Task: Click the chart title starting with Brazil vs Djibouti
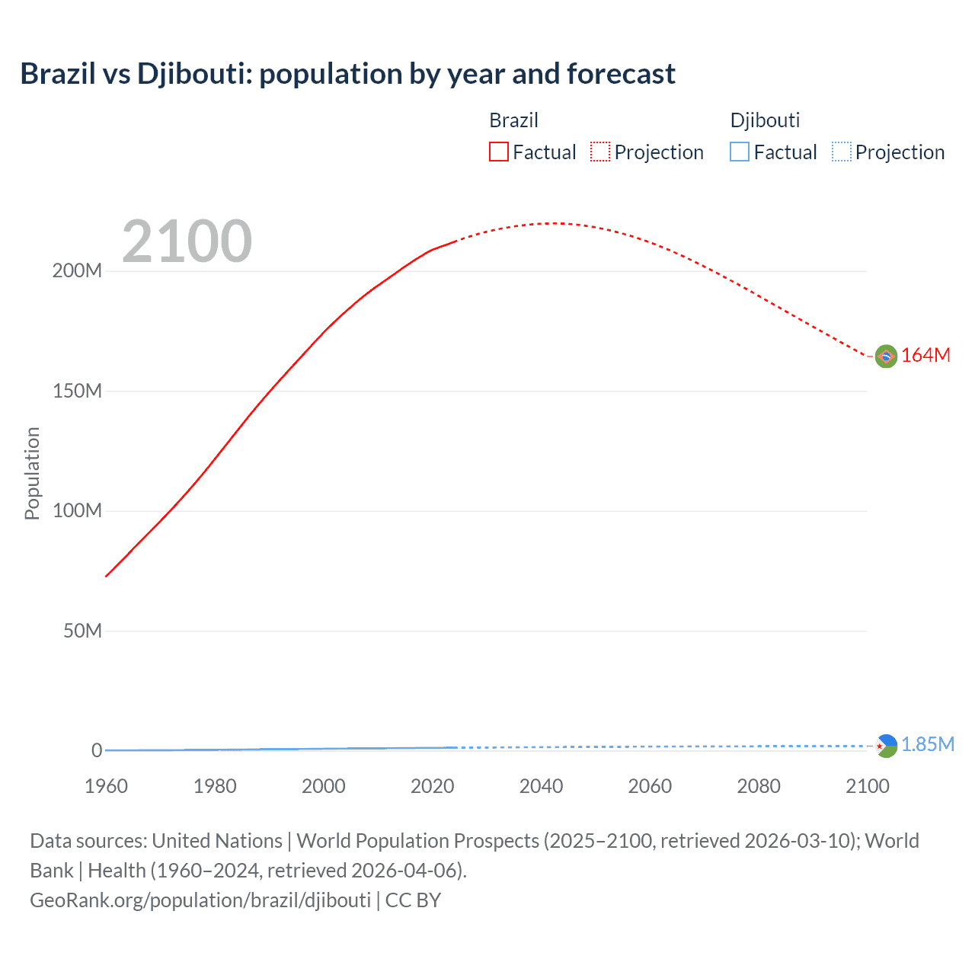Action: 347,74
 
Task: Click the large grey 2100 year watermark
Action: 187,241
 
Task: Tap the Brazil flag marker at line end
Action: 886,356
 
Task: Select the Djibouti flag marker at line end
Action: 886,746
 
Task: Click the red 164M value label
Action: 925,356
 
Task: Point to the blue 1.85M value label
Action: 927,744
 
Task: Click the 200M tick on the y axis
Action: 77,271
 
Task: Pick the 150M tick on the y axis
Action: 77,392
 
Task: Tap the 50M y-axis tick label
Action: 82,631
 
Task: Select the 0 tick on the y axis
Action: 97,751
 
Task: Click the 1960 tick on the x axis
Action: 106,787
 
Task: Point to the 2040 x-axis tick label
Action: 541,787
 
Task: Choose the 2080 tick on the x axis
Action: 759,787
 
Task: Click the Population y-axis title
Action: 32,473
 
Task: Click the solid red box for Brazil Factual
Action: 499,152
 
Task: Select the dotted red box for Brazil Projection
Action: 600,152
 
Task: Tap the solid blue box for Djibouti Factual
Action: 740,152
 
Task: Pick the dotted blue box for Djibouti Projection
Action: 842,152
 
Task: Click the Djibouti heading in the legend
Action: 765,120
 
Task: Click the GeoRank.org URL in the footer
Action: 200,900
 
